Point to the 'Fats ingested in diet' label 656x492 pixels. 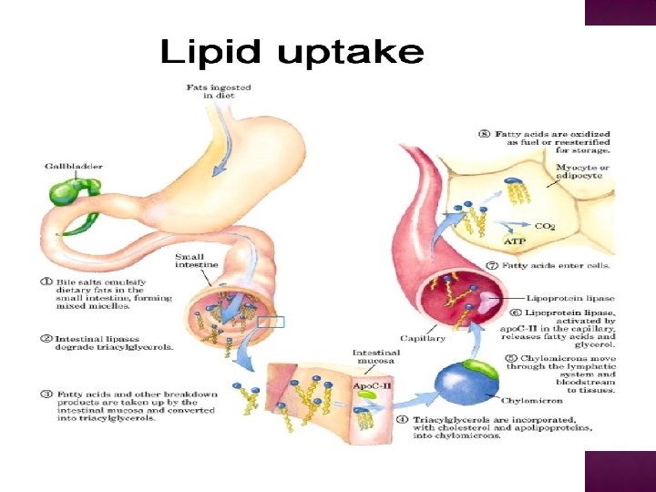[219, 92]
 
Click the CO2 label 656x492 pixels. [544, 226]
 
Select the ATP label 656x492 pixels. [514, 241]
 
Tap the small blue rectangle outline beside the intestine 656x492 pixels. [272, 322]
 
